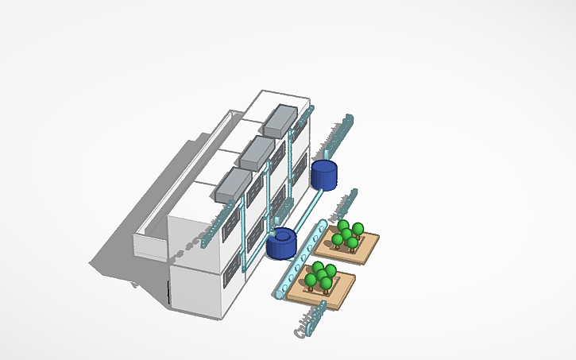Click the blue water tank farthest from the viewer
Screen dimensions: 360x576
click(x=325, y=175)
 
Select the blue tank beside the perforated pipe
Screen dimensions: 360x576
click(x=281, y=244)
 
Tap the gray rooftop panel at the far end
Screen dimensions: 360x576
click(x=279, y=120)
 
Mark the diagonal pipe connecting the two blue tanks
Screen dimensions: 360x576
click(x=303, y=211)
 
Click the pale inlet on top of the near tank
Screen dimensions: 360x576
click(x=276, y=234)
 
